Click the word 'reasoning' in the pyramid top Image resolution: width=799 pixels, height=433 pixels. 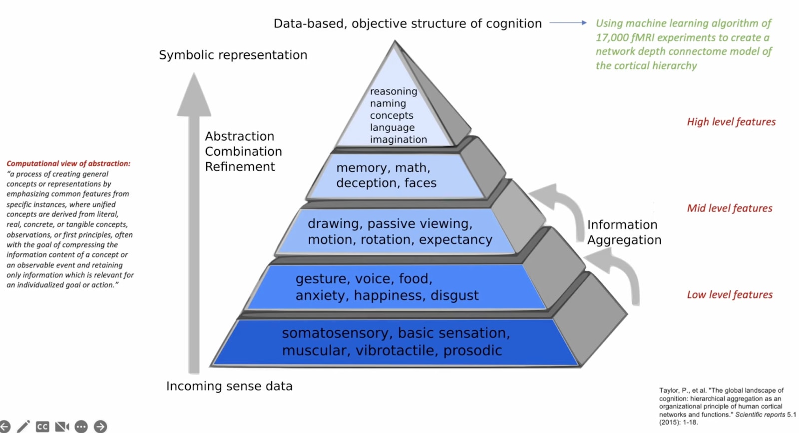(394, 92)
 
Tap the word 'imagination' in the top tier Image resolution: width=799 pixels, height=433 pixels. (399, 139)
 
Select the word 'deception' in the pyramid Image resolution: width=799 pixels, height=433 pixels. (367, 183)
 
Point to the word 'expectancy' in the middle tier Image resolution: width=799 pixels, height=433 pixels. (455, 240)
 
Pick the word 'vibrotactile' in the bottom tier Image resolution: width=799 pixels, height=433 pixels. (395, 350)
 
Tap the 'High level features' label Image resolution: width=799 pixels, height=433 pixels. (731, 122)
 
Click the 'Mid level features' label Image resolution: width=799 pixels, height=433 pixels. (730, 208)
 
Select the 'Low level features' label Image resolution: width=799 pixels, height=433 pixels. (730, 295)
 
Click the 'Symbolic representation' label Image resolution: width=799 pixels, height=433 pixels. (233, 55)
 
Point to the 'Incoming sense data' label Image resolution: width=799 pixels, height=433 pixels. (229, 386)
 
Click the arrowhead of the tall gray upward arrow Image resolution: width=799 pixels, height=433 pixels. (194, 94)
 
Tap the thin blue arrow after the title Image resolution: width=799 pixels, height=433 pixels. (568, 23)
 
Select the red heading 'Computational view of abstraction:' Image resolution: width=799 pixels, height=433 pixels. (68, 164)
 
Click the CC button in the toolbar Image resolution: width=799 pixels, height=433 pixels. (42, 427)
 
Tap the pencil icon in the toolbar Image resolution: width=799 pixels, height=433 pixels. (23, 427)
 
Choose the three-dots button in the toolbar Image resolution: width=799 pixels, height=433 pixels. (81, 427)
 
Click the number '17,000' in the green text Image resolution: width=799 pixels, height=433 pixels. (611, 38)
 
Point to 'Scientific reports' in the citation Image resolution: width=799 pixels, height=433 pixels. (760, 415)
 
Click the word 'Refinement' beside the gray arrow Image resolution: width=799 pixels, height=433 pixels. (240, 167)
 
